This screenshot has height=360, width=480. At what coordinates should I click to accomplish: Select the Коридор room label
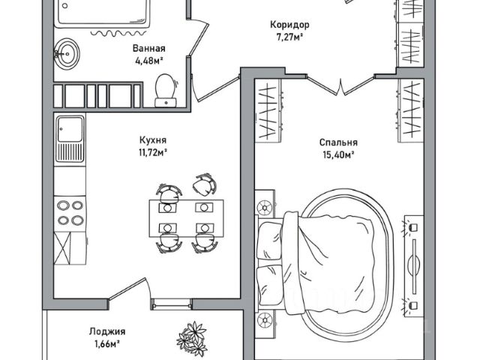tap(289, 24)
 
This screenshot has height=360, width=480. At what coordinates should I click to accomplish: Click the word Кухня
tap(152, 139)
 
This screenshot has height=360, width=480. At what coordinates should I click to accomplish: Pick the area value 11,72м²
tap(152, 151)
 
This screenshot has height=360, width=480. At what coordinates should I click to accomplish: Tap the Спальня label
tap(337, 142)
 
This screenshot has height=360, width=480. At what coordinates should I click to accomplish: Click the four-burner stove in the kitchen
tap(70, 211)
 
